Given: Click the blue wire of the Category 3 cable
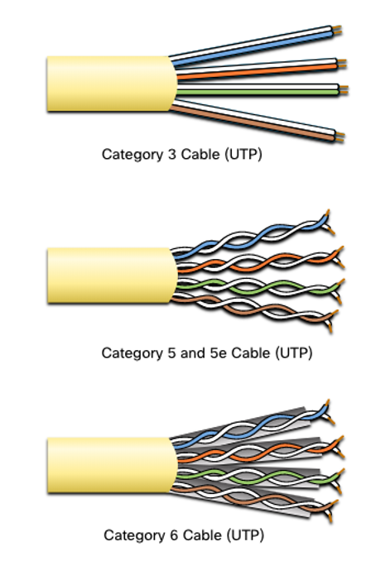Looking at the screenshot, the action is tap(255, 47).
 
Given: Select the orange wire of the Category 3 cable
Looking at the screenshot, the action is tap(258, 71).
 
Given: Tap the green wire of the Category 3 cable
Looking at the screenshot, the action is tap(258, 93).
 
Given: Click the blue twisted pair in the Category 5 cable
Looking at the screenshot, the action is tap(251, 236).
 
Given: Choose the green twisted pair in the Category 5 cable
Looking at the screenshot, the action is tap(258, 287).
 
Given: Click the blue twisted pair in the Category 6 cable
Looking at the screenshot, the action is tap(251, 426).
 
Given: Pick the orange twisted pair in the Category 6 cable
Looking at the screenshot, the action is tap(258, 453).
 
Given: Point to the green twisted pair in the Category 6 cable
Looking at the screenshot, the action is tap(258, 477).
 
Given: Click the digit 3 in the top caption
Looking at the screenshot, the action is tap(171, 155).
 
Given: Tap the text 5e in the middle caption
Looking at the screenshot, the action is tap(218, 353).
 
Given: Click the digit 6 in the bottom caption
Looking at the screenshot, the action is tap(174, 535).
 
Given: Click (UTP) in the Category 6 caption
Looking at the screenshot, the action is tap(245, 535).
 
